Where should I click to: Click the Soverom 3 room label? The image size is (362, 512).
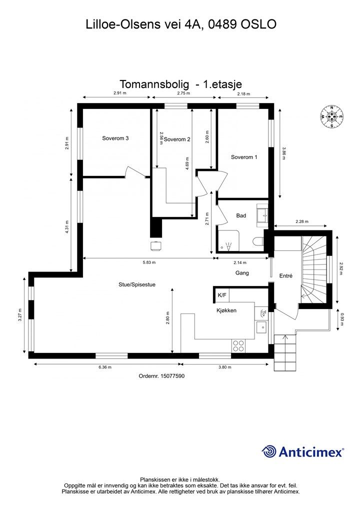tap(116, 138)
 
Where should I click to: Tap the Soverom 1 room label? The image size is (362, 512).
tap(244, 157)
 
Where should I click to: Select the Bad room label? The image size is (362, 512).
tap(241, 215)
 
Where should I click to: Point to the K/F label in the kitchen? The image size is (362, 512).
tap(221, 295)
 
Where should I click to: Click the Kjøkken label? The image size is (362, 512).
tap(226, 310)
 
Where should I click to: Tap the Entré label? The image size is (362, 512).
tap(285, 275)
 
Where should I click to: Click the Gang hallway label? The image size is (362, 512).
tap(242, 273)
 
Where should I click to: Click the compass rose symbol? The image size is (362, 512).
tap(331, 116)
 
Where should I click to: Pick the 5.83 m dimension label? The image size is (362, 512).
tap(149, 262)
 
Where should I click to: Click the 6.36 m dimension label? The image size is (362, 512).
tap(105, 367)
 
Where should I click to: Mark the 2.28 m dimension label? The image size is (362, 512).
tap(302, 221)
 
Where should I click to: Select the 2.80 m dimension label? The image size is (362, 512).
tap(167, 318)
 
